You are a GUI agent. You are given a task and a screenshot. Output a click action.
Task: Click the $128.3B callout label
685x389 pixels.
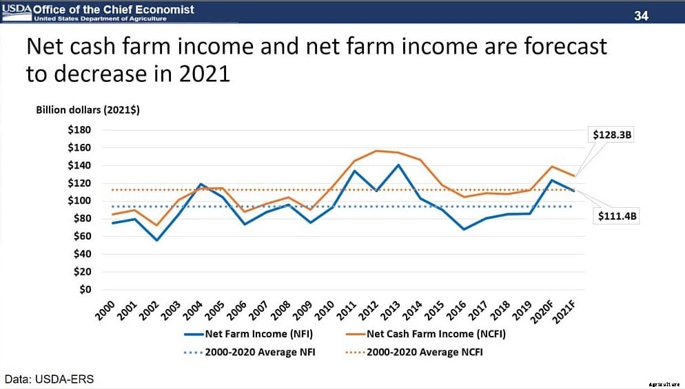tap(613, 135)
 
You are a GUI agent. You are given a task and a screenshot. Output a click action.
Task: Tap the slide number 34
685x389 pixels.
tap(641, 15)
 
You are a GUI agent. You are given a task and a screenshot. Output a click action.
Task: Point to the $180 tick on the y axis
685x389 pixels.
tap(79, 129)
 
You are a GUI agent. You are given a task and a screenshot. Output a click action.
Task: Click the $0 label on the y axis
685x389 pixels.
tap(84, 289)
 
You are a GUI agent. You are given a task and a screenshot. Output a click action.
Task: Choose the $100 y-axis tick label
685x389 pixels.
tap(79, 200)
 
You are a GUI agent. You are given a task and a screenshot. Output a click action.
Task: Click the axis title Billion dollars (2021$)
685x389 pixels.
tap(88, 111)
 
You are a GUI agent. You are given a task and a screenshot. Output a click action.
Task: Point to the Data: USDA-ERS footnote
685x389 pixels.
tap(49, 379)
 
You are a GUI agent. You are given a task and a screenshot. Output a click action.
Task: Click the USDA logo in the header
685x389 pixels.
tap(16, 10)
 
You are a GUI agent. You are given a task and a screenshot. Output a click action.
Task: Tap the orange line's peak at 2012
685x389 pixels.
tap(376, 151)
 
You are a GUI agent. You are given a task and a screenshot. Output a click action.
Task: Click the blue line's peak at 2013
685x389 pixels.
tap(397, 165)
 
